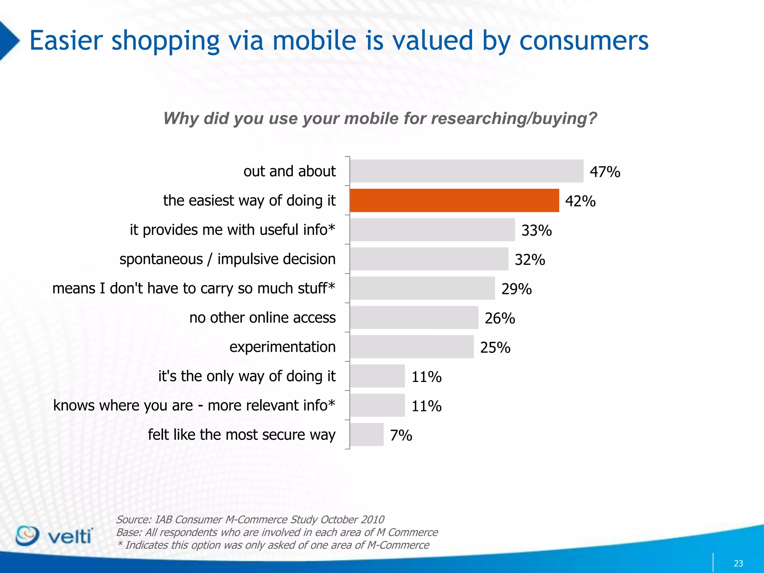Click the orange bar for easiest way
(x=454, y=200)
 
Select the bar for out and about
(x=466, y=171)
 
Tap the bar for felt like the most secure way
(x=367, y=435)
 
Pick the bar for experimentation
(x=412, y=347)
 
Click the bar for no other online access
(x=414, y=317)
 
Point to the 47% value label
(x=605, y=172)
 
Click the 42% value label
(x=580, y=201)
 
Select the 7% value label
(x=401, y=435)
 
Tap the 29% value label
(x=516, y=289)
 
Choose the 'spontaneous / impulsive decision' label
(x=228, y=259)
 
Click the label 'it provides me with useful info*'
(x=232, y=230)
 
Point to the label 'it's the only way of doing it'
(x=247, y=376)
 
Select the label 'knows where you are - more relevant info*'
(x=194, y=406)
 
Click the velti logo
(x=54, y=536)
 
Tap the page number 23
(x=738, y=563)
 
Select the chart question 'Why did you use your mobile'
(x=380, y=119)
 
